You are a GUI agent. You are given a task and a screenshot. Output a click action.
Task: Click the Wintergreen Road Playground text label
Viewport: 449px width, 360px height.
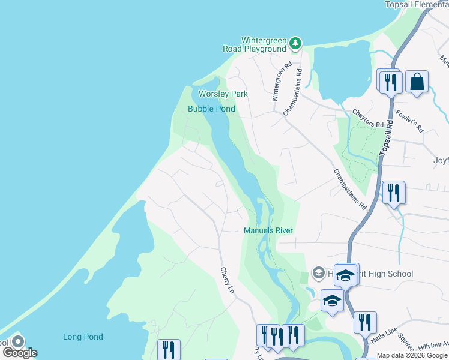[x=264, y=44]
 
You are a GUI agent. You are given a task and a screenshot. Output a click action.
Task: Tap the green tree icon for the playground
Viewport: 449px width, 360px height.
[x=295, y=43]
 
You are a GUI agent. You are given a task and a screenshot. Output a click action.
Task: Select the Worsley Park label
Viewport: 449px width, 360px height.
[x=223, y=94]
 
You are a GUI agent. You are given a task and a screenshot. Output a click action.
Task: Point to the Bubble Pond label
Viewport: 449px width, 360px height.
[x=211, y=109]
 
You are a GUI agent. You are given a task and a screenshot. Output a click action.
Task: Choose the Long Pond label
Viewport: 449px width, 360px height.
[x=83, y=337]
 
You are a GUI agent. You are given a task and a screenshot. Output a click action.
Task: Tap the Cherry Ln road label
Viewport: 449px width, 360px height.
[x=226, y=280]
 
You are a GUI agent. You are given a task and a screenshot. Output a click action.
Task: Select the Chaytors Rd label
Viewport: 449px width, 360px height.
[x=368, y=118]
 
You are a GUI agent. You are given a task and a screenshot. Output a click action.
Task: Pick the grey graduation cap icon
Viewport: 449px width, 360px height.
[x=319, y=274]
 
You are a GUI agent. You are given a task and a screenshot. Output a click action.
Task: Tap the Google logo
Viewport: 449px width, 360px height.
[x=20, y=352]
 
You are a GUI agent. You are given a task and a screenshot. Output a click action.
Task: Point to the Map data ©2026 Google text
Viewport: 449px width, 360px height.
[x=412, y=355]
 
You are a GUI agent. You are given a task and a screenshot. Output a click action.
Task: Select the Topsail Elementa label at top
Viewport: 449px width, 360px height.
[x=416, y=4]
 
